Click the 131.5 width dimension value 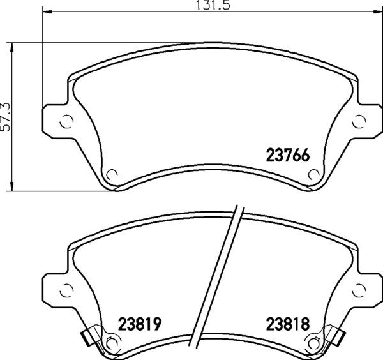[x=213, y=5]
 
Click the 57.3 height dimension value [x=5, y=117]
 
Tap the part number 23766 [x=288, y=155]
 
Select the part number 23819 [x=140, y=324]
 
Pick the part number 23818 [x=288, y=324]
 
